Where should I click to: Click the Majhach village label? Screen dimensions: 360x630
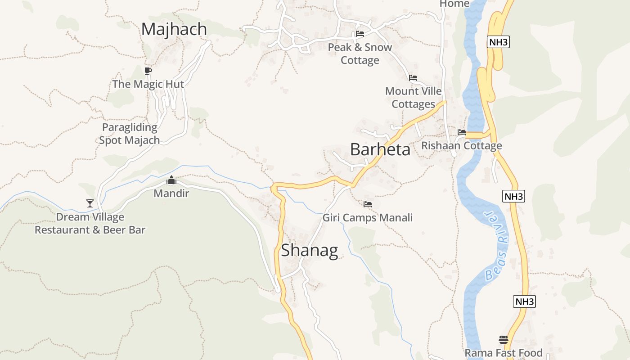[174, 29]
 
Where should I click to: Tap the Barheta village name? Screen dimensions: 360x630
[380, 149]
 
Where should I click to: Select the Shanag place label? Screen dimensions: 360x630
[310, 250]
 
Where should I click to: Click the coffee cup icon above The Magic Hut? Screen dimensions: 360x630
[148, 71]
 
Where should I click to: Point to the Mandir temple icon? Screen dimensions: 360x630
[171, 180]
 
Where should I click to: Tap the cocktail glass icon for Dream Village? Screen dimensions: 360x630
[90, 203]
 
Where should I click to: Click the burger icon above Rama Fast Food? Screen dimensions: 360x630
[504, 340]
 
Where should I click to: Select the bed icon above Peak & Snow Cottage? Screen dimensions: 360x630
[360, 33]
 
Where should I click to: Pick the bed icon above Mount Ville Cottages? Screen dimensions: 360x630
[413, 78]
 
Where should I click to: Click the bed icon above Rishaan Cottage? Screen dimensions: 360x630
[462, 132]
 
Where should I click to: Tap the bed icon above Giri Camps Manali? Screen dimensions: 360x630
[368, 204]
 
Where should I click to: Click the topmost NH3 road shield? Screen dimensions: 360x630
[498, 42]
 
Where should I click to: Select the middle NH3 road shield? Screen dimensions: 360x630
[513, 196]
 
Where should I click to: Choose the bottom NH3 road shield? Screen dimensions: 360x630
[524, 301]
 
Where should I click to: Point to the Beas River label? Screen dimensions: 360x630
[497, 246]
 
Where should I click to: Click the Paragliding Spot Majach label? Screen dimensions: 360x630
[130, 134]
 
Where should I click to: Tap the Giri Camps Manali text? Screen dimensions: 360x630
[368, 218]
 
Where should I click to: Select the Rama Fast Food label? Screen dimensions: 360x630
[504, 353]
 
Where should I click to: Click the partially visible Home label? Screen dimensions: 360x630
[454, 4]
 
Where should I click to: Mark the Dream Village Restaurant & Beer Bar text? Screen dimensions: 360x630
[90, 224]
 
